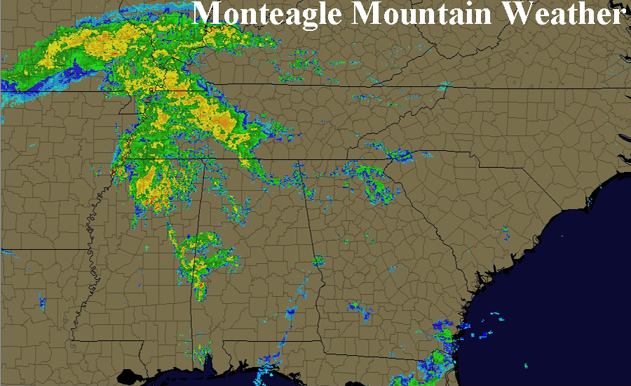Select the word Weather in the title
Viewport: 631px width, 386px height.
click(x=565, y=14)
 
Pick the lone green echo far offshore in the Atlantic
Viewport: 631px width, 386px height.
click(x=527, y=366)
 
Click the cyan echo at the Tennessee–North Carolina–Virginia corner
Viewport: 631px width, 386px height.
click(x=443, y=88)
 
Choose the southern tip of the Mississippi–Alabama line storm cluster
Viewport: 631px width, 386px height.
click(x=201, y=295)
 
